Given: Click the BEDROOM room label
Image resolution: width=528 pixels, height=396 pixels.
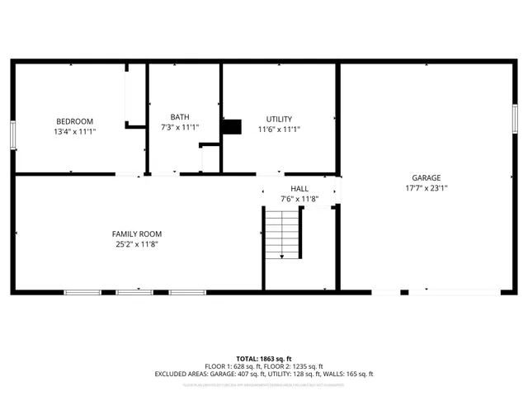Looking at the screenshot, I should (x=74, y=120).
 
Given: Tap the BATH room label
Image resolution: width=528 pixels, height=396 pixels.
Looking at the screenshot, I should (x=180, y=117).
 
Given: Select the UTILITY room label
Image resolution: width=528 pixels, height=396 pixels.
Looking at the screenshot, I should (x=278, y=119).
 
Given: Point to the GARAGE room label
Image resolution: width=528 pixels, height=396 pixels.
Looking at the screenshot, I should (x=426, y=177).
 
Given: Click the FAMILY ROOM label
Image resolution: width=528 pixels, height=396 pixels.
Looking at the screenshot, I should (x=137, y=233).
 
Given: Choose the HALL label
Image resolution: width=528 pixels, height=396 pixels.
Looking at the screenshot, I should (x=299, y=188).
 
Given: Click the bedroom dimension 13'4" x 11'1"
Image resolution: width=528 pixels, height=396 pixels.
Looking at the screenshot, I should (x=74, y=130).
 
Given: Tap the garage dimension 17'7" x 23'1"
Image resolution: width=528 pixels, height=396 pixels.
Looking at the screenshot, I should (x=426, y=187).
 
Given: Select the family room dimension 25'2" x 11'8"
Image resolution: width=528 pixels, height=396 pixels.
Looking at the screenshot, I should (x=137, y=243).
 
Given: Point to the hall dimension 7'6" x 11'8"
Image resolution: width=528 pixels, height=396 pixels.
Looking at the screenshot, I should (x=299, y=198).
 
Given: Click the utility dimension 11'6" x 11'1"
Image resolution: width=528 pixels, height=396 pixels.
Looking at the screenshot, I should (x=278, y=129).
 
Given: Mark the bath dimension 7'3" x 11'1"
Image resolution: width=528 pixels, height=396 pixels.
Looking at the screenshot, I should (x=180, y=127).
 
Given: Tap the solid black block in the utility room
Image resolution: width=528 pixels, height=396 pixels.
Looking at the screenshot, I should (x=233, y=126).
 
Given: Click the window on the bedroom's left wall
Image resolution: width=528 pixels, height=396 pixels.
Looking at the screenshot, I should (x=12, y=135).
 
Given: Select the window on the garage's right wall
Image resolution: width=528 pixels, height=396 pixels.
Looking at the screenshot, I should (x=514, y=118).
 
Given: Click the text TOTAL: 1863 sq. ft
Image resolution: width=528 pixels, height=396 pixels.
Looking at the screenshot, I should (x=263, y=359).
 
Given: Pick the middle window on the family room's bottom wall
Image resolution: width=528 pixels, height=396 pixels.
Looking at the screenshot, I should (x=134, y=291).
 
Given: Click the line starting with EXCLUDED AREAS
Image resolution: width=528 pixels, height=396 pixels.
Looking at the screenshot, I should (x=263, y=374).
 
